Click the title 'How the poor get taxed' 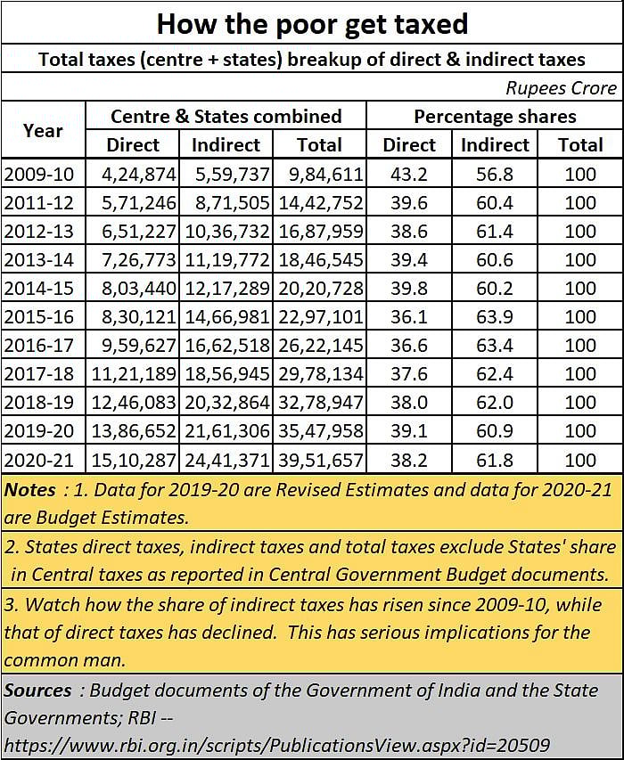pos(312,22)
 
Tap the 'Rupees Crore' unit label pos(561,87)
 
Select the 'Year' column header pos(43,130)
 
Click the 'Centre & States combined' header pos(226,116)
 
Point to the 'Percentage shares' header pos(495,116)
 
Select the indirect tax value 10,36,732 pos(226,231)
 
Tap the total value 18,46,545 pos(320,259)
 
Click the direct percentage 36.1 pos(408,316)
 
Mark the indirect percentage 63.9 pos(495,316)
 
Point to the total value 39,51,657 pos(320,459)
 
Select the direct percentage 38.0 pos(408,402)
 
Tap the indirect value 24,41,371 pos(226,459)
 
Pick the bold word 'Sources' pos(37,691)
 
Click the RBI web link pos(276,744)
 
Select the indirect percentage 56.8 pos(495,174)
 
